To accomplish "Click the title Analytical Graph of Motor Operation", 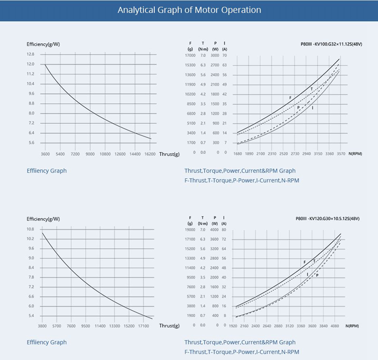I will [189, 10].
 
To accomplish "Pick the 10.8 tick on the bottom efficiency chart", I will [30, 229].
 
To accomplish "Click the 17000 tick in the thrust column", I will [191, 55].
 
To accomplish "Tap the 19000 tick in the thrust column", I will [191, 230].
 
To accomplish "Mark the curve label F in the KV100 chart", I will [290, 97].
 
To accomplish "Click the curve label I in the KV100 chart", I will [312, 108].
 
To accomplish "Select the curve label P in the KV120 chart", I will [317, 275].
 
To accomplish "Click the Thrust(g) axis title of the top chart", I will [169, 154].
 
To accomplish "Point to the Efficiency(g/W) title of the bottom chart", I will [43, 219].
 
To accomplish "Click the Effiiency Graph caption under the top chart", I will [46, 171].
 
